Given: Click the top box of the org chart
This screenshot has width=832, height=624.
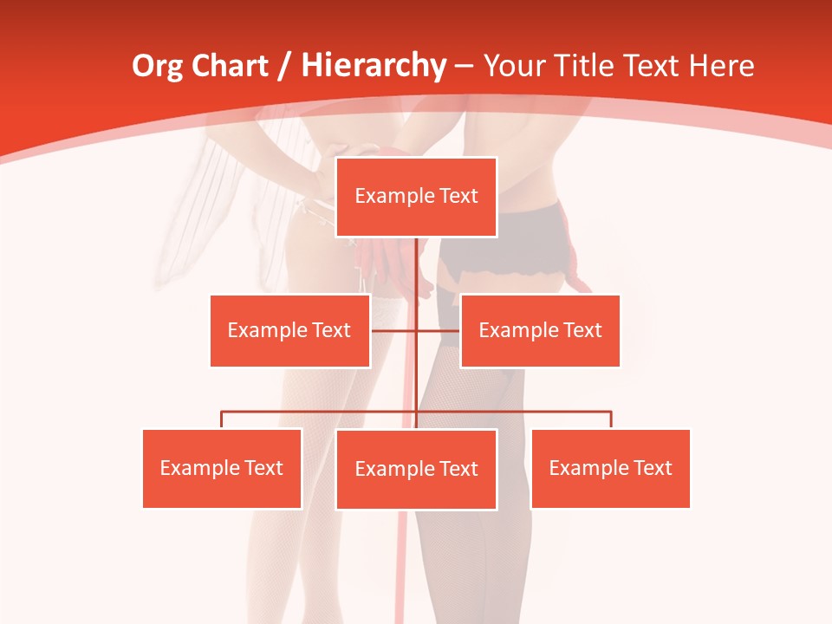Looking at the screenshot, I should [x=416, y=197].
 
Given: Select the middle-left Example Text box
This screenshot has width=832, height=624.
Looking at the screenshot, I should [x=289, y=330].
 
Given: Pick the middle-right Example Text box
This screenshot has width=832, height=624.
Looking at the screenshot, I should [x=540, y=330].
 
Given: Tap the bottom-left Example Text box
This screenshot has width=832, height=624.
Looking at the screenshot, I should [x=222, y=468].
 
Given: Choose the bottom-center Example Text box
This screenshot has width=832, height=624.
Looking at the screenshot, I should [x=416, y=469].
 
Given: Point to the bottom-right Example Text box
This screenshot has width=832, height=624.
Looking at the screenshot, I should [x=610, y=468].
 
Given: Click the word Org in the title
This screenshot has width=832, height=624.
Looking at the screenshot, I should [x=158, y=66].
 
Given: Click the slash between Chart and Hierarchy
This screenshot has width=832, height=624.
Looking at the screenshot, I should [x=284, y=67].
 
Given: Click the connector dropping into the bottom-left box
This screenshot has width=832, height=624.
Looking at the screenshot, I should [x=222, y=419].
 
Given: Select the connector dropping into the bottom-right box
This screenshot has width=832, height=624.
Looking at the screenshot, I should [x=611, y=419].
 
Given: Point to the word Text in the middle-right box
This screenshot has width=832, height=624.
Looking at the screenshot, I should [x=582, y=330].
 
